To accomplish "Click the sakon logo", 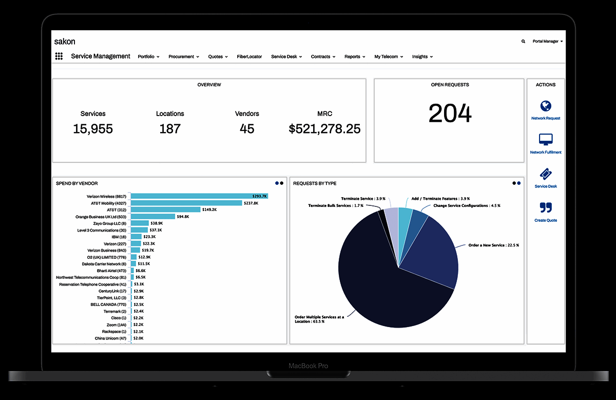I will tap(65, 41).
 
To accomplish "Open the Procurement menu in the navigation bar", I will tap(184, 56).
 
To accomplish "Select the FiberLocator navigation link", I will tap(249, 56).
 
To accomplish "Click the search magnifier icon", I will tap(523, 41).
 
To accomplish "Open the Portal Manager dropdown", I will tap(547, 41).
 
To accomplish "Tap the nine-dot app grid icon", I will tap(59, 56).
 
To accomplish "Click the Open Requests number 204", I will tap(450, 113).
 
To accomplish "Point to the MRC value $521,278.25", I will tap(324, 128).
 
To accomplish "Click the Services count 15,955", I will tap(93, 128).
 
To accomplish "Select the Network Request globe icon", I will tap(546, 106).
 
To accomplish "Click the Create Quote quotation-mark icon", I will tap(546, 208).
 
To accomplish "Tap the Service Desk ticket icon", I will tap(546, 174).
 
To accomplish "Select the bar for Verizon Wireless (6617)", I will tap(199, 196).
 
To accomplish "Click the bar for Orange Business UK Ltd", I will tap(153, 217).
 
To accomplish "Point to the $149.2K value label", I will tap(209, 209).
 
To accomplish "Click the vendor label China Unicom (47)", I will tap(110, 338).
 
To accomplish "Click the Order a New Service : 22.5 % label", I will tap(493, 245).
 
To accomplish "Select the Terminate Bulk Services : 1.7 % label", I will tap(336, 205).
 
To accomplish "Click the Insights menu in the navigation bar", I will tap(422, 56).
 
